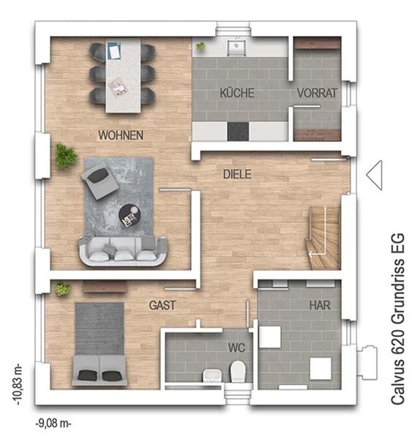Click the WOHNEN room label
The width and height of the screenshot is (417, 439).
tap(121, 135)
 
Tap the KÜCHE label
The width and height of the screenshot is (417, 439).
tap(237, 93)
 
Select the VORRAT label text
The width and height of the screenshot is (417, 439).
tap(317, 93)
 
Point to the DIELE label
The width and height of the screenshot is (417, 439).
tap(237, 174)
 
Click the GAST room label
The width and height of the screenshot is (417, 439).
tap(162, 305)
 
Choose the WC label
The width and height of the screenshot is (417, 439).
tap(237, 348)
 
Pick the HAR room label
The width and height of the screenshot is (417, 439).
tap(320, 305)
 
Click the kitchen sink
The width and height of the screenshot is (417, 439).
tap(237, 48)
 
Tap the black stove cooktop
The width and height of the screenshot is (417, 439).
tap(238, 131)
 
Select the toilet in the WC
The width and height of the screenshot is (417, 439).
tap(238, 371)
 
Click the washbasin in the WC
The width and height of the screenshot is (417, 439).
tap(212, 375)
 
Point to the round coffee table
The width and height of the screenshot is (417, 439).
tap(129, 216)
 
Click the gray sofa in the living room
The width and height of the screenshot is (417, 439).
tap(121, 252)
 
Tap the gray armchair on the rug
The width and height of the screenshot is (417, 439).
tap(99, 180)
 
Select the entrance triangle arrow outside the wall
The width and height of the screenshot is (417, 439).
tap(374, 175)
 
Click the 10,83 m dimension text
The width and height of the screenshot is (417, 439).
tap(18, 384)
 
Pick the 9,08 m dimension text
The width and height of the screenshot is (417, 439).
tap(53, 424)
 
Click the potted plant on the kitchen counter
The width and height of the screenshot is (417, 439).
tap(200, 45)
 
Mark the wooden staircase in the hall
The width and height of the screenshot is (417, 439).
tap(323, 238)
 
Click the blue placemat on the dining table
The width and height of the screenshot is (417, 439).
tap(114, 50)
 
